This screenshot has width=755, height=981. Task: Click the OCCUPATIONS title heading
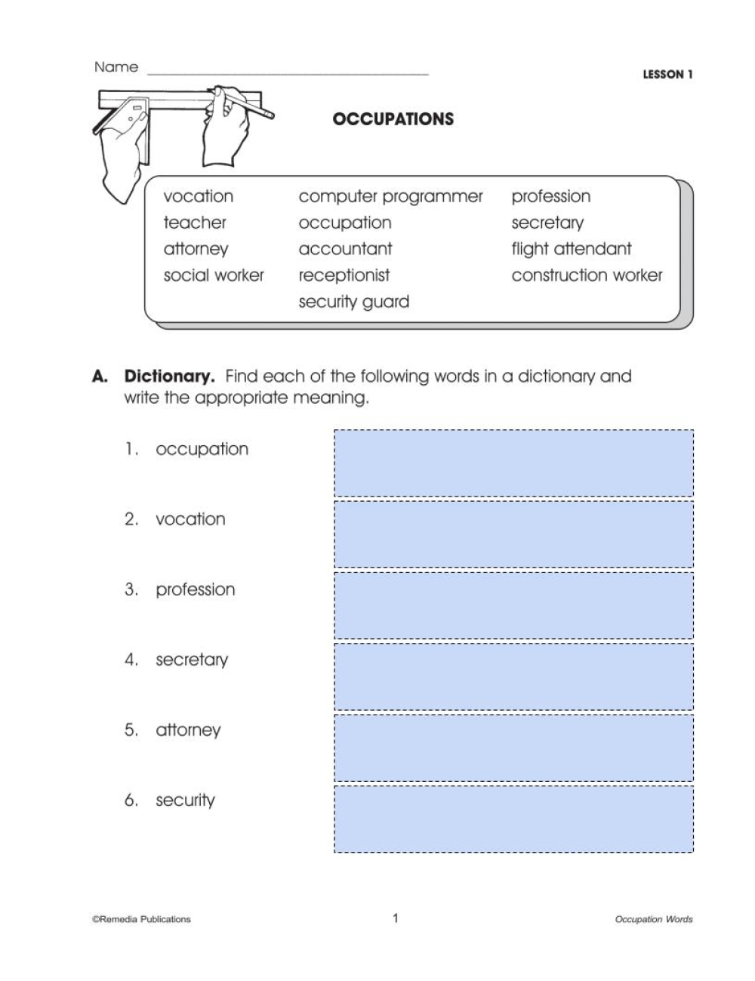(x=393, y=119)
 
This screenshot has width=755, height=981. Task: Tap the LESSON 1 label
(x=667, y=75)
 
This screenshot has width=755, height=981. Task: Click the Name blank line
(x=288, y=72)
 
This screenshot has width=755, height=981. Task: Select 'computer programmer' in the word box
(x=390, y=197)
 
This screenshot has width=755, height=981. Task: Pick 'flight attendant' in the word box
(x=571, y=249)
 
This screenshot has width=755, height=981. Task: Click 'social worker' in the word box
(x=214, y=275)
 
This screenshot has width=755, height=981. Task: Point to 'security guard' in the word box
(x=353, y=302)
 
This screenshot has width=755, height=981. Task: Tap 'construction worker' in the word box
(x=587, y=275)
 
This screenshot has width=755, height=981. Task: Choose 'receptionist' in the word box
(x=344, y=275)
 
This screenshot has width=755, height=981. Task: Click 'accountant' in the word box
(x=345, y=249)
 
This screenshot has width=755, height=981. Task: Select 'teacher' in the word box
(x=195, y=223)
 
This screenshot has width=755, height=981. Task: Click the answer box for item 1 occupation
(x=513, y=463)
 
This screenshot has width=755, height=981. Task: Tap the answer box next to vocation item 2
(x=513, y=534)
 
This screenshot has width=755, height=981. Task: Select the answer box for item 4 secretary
(x=513, y=676)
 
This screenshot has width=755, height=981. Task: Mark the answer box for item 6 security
(x=513, y=819)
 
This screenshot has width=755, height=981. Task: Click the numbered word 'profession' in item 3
(x=195, y=589)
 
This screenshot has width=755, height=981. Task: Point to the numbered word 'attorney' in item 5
(x=188, y=730)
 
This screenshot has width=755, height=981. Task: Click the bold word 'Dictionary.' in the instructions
(x=170, y=376)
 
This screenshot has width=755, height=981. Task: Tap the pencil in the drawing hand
(x=253, y=106)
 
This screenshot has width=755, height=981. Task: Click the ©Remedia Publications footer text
(x=141, y=919)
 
